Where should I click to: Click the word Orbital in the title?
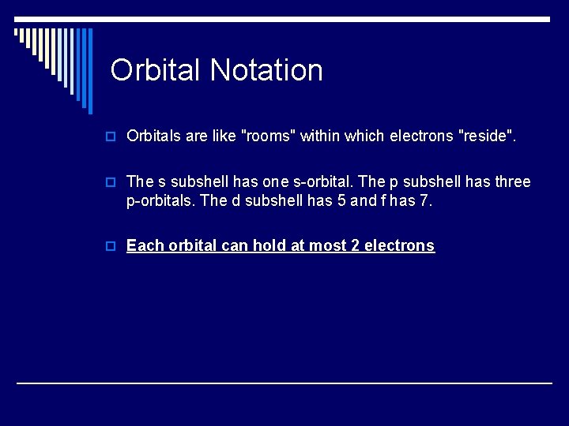point(156,70)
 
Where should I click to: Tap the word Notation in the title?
point(266,70)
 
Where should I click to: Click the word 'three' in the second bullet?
point(511,182)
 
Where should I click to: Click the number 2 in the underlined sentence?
point(356,245)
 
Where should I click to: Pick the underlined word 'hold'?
point(269,245)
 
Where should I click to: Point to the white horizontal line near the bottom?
point(284,383)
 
